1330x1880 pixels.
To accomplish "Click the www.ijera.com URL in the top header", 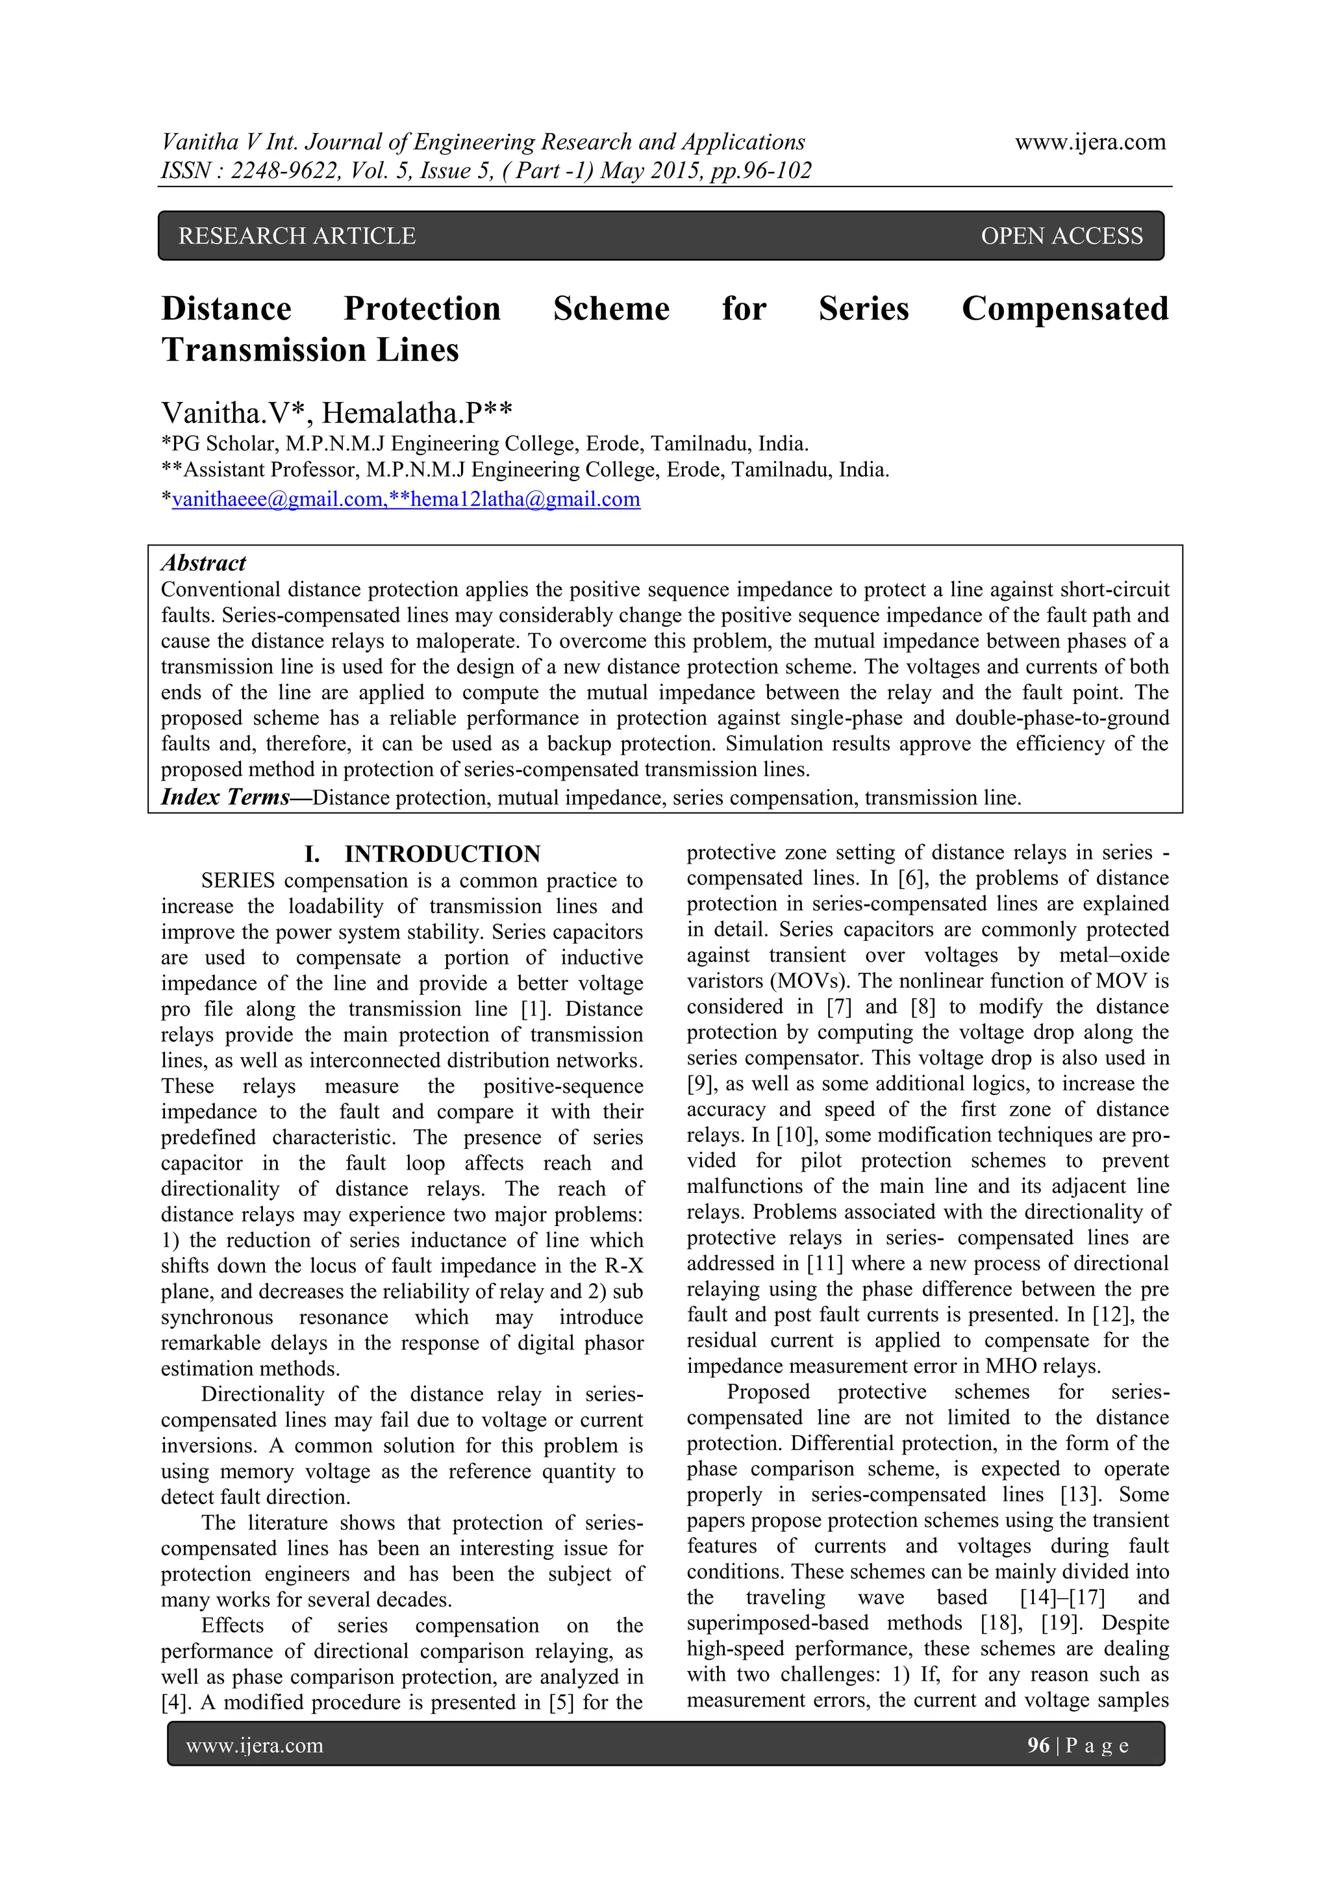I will pos(1090,142).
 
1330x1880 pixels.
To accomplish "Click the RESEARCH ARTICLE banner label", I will pos(297,236).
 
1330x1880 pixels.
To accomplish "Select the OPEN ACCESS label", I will pos(1061,236).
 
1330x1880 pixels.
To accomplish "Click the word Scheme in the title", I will pos(611,308).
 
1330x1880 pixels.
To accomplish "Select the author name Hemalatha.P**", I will pos(417,412).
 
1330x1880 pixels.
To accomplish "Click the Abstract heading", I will pos(203,563).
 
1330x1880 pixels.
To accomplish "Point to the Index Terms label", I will pos(225,797).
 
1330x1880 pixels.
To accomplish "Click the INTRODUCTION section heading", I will pos(442,854).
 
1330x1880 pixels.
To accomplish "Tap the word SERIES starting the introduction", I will pos(238,881).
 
